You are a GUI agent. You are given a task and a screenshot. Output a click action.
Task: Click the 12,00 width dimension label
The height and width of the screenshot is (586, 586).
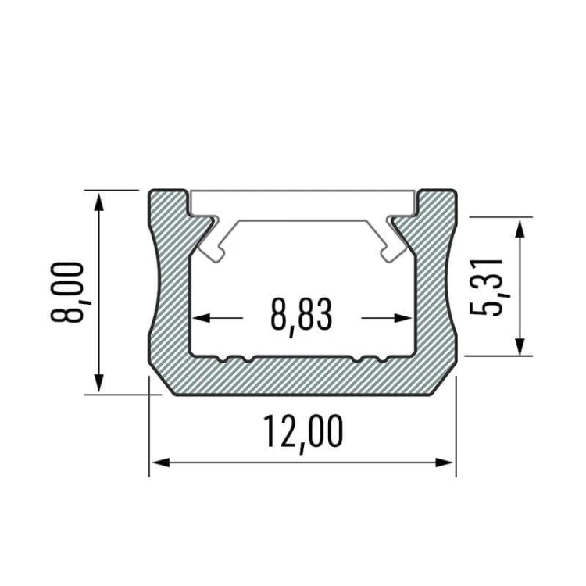(302, 433)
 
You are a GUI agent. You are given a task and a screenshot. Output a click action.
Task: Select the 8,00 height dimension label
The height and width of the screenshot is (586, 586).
(69, 292)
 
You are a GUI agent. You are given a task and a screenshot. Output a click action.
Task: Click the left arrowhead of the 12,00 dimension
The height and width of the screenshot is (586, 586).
(161, 463)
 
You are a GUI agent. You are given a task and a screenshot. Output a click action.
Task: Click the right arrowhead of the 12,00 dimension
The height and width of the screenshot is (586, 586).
(444, 463)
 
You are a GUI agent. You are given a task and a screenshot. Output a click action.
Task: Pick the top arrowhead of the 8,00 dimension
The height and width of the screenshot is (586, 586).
(98, 202)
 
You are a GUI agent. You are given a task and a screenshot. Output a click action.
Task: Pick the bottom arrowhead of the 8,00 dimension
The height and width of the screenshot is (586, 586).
(98, 382)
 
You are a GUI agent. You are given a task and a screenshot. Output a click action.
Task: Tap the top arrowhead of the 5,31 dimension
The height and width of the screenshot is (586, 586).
(520, 228)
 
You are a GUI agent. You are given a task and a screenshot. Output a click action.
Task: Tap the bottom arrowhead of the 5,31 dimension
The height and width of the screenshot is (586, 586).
(520, 346)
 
